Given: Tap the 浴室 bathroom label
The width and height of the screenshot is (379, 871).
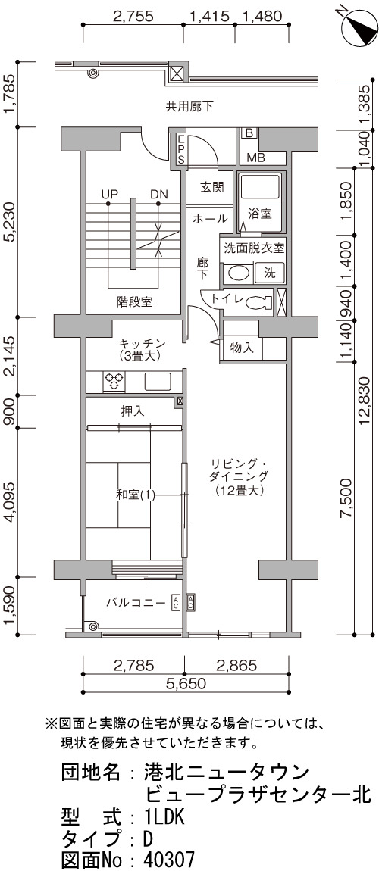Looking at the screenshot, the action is pos(259,213).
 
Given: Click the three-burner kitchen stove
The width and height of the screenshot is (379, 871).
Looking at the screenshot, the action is pos(114,382).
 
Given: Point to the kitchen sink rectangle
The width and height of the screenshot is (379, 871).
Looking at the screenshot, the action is pos(158,382).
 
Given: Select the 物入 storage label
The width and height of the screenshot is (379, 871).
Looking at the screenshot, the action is pos(242,348).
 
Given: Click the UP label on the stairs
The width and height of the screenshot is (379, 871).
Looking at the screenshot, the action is pos(109,195).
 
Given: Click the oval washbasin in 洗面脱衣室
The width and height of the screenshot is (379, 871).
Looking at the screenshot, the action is pos(238,274).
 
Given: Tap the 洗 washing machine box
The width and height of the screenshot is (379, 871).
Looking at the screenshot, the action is pos(270,273).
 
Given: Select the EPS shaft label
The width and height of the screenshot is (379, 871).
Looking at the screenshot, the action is pos(180,148).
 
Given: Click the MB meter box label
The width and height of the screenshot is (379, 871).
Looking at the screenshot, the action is pos(255,157).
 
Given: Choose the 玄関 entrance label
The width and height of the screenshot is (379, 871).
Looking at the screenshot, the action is pos(211,187).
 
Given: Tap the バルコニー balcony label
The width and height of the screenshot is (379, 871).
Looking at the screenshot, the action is pos(136,602).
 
